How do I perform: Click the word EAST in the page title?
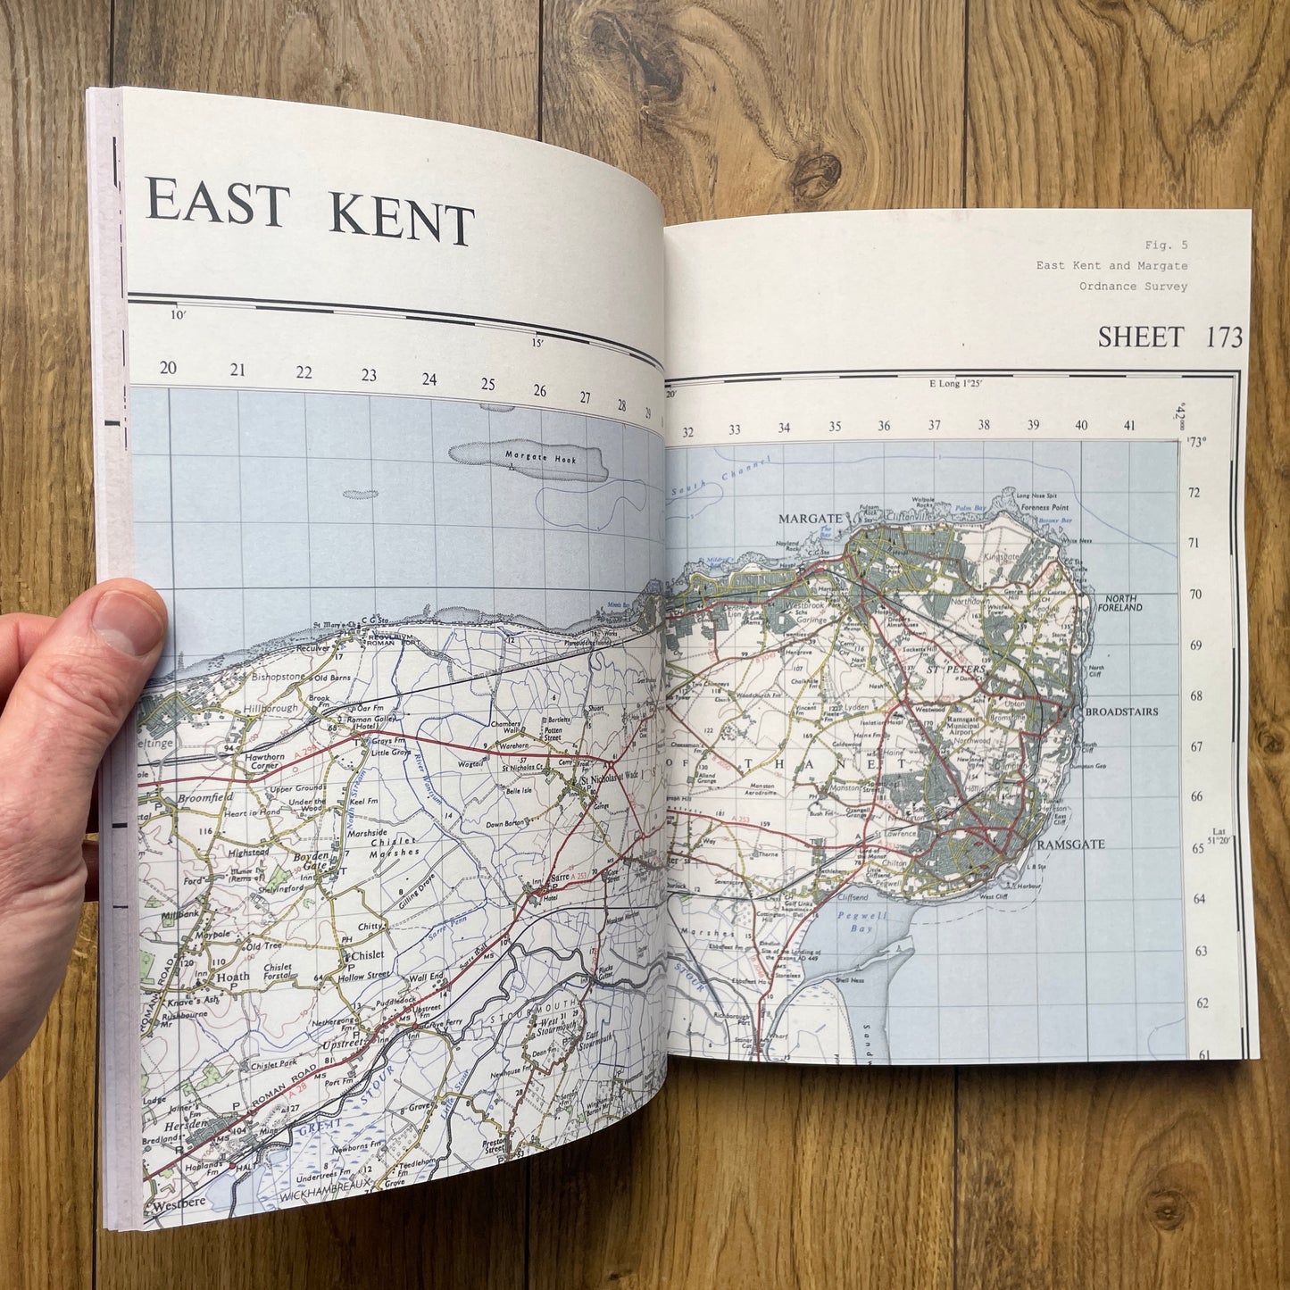pyautogui.click(x=217, y=203)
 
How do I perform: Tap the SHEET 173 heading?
pyautogui.click(x=1169, y=337)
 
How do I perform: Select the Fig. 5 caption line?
pyautogui.click(x=1166, y=245)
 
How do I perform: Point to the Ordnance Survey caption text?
pyautogui.click(x=1133, y=287)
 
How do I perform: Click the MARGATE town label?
pyautogui.click(x=810, y=519)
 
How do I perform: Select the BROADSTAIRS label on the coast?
pyautogui.click(x=1121, y=712)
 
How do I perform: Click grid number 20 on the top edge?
pyautogui.click(x=168, y=368)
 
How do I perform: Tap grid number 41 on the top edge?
pyautogui.click(x=1129, y=426)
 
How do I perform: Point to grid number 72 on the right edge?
pyautogui.click(x=1194, y=493)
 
